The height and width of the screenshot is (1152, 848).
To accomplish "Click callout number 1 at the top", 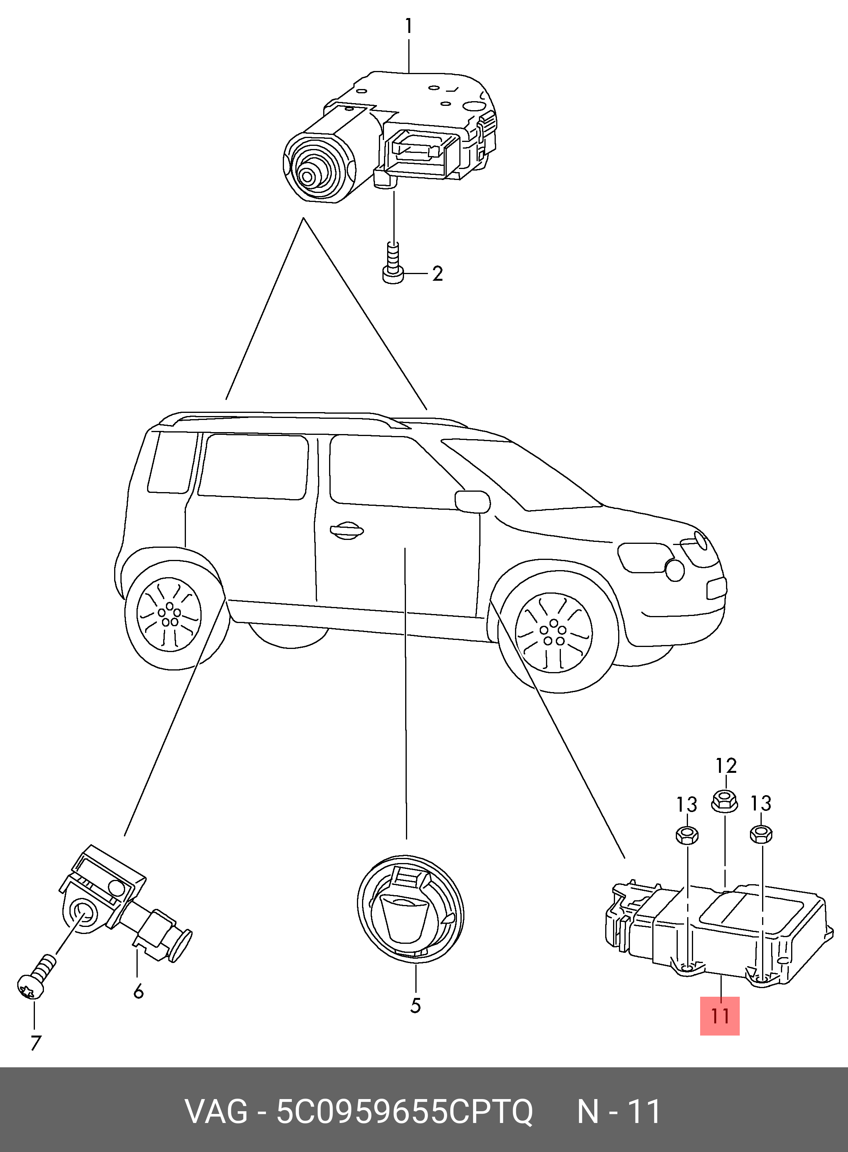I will pyautogui.click(x=409, y=25).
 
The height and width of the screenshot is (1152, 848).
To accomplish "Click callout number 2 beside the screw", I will pyautogui.click(x=437, y=274).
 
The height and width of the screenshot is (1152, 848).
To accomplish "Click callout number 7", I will pyautogui.click(x=35, y=1043).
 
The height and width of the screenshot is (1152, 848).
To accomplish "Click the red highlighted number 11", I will pyautogui.click(x=720, y=1016).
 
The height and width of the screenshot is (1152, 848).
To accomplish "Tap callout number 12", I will pyautogui.click(x=726, y=766).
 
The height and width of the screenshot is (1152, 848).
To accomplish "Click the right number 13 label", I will pyautogui.click(x=761, y=803).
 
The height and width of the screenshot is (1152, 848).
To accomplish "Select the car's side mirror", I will pyautogui.click(x=472, y=502).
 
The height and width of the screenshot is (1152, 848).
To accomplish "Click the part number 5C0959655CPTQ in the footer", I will pyautogui.click(x=404, y=1112).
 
